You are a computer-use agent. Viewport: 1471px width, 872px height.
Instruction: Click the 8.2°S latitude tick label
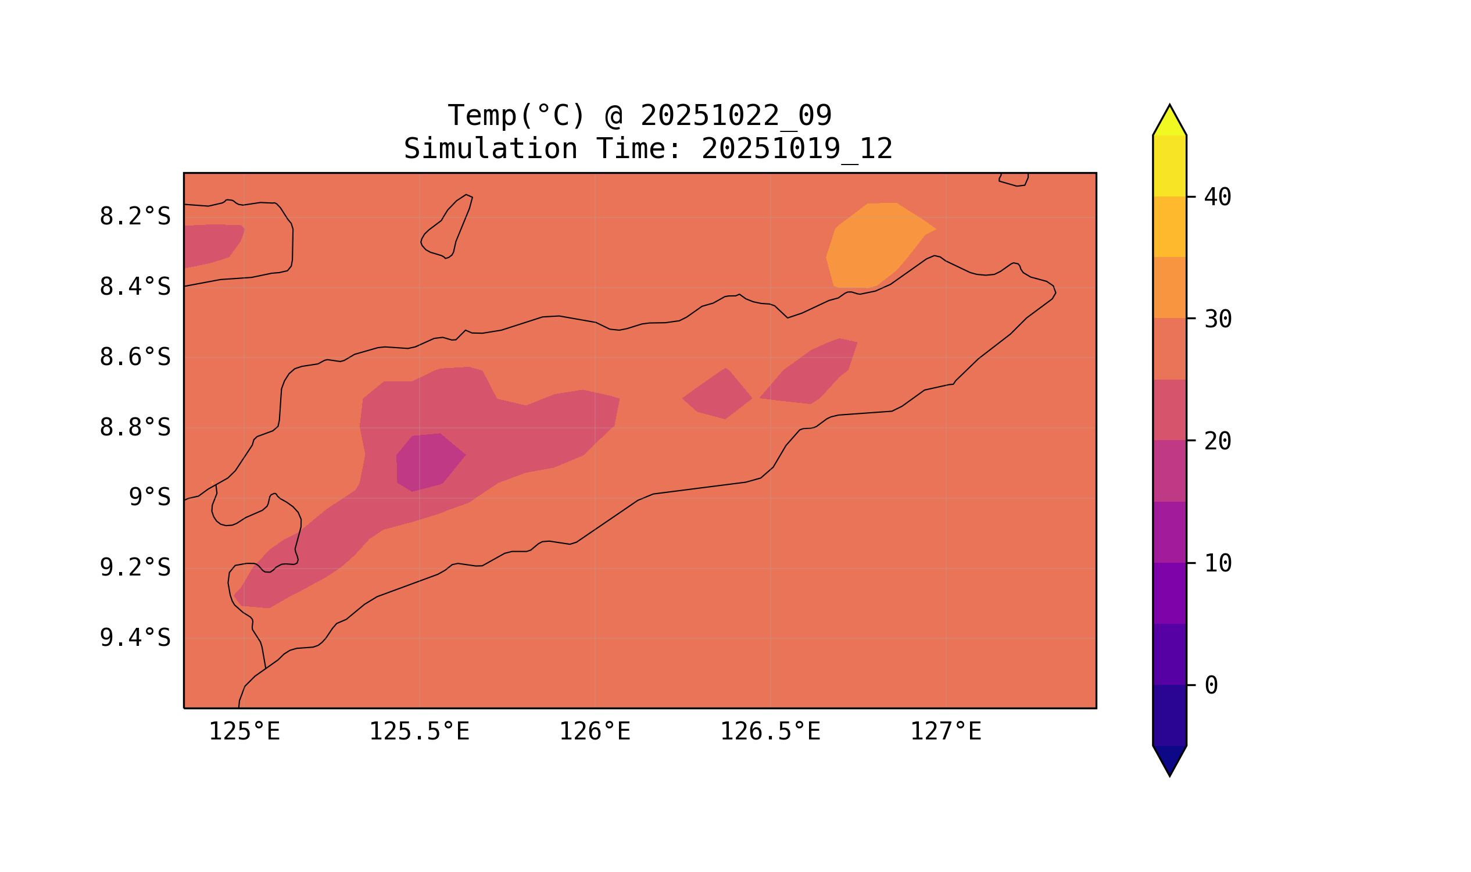[134, 217]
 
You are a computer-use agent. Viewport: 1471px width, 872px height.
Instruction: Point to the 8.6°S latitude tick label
[134, 358]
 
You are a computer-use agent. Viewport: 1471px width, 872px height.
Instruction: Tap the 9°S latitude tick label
[149, 498]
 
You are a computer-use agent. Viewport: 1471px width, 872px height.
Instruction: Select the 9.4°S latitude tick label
[134, 638]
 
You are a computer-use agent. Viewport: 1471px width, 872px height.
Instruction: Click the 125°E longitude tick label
[244, 732]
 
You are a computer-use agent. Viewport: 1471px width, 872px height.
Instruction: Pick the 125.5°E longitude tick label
[419, 732]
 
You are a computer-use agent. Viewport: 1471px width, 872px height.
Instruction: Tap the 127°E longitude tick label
[945, 732]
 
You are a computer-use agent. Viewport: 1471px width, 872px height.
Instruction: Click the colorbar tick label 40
[1217, 198]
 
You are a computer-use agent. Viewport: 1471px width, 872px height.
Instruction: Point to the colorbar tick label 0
[1211, 686]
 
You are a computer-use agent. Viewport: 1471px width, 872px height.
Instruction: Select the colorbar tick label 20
[1217, 441]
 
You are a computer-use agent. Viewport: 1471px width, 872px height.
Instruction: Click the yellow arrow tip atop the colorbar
[1169, 120]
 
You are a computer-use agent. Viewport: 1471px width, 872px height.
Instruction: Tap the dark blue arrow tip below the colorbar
[1169, 761]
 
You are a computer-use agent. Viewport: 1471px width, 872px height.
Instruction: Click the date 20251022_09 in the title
[736, 115]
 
